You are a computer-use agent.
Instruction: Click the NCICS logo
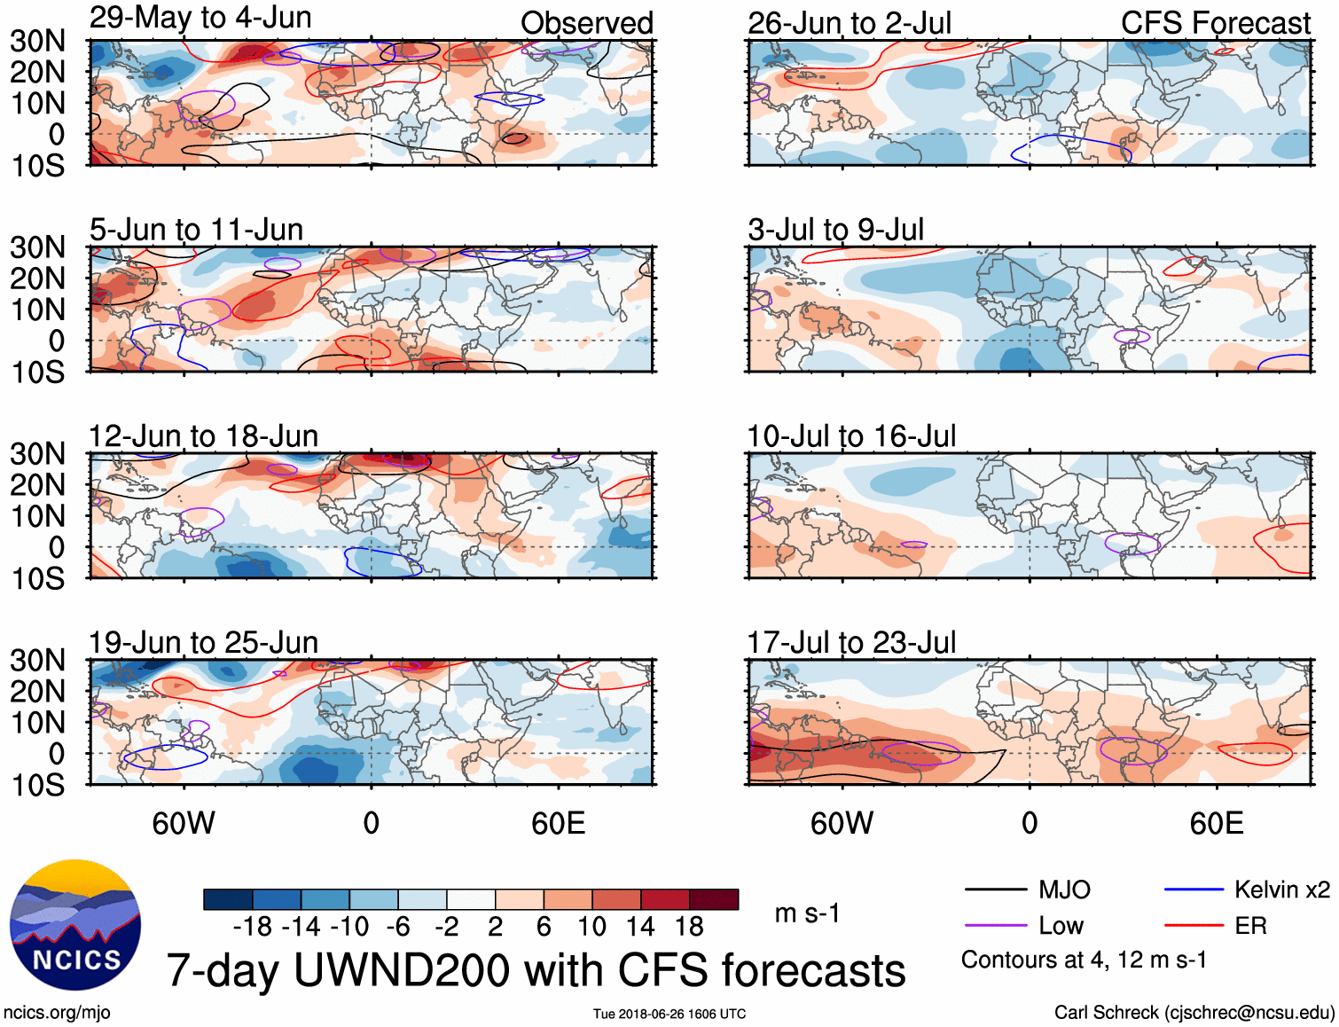(x=75, y=925)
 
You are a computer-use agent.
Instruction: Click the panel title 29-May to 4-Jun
(x=200, y=18)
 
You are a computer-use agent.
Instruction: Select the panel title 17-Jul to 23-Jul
(x=851, y=642)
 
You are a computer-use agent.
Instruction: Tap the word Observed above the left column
(x=586, y=23)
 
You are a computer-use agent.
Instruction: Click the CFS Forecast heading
(x=1215, y=23)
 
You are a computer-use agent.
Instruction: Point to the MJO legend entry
(x=1064, y=890)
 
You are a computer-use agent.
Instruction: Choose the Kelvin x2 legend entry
(x=1281, y=890)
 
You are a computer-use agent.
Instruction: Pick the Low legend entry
(x=1061, y=926)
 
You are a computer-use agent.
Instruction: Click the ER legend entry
(x=1250, y=926)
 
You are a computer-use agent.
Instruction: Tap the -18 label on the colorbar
(x=252, y=927)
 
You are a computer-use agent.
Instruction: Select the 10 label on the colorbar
(x=591, y=927)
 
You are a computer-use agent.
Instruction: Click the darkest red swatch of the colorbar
(x=714, y=899)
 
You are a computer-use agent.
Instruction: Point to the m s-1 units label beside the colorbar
(x=807, y=913)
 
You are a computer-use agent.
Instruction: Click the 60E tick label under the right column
(x=1216, y=823)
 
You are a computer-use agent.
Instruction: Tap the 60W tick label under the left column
(x=184, y=823)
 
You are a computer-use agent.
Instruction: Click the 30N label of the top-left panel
(x=38, y=41)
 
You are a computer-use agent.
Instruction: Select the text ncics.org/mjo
(x=57, y=1013)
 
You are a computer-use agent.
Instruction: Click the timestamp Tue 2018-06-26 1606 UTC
(x=669, y=1014)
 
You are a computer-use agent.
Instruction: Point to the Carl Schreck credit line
(x=1194, y=1013)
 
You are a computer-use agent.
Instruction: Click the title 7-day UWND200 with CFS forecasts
(x=536, y=970)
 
